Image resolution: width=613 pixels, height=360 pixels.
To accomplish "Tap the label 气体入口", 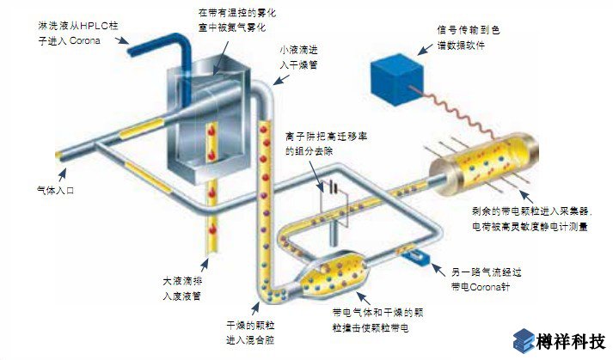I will coord(56,190).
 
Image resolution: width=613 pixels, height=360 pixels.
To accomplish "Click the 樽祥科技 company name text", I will coord(573,341).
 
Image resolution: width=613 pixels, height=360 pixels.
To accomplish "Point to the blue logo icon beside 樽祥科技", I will coord(524,341).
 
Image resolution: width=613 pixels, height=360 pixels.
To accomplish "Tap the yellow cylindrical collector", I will coord(473,165).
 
